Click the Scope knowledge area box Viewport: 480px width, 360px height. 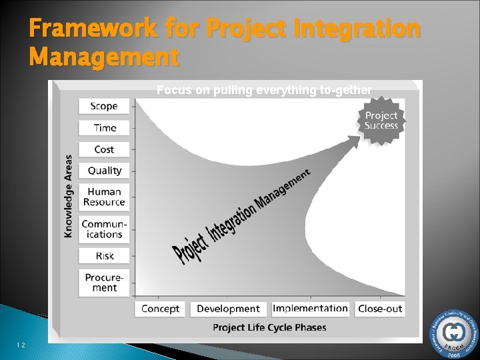(x=104, y=106)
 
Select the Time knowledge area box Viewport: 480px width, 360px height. (x=104, y=128)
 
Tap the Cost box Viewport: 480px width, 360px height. (x=104, y=149)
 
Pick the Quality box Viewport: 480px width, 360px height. (x=104, y=171)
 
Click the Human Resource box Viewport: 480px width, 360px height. (x=104, y=197)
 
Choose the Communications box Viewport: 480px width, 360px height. (x=104, y=229)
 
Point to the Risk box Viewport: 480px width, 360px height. (x=104, y=256)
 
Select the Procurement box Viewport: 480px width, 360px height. (x=104, y=283)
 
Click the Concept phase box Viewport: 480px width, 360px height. (x=161, y=309)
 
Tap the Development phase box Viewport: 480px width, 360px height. (x=228, y=309)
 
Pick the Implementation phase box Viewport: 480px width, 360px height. (x=310, y=309)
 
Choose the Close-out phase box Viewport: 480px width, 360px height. (x=380, y=309)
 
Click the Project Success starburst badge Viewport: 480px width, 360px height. (x=381, y=121)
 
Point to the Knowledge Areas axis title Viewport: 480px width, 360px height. (x=69, y=196)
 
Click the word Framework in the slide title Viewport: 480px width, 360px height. (x=93, y=29)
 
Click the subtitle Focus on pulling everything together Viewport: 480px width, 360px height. (x=264, y=91)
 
